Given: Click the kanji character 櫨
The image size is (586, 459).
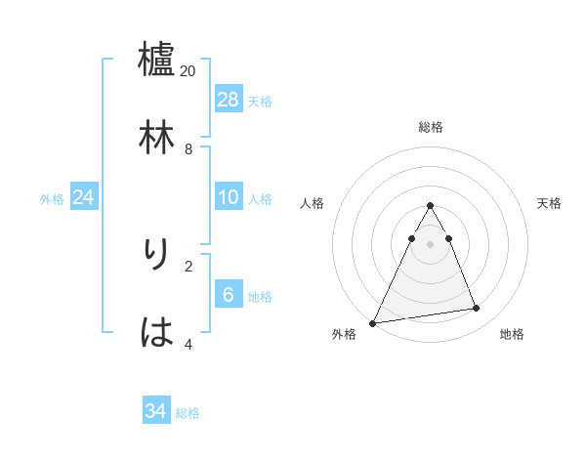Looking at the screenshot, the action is [157, 59].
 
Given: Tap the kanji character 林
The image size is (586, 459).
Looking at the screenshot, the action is [157, 137].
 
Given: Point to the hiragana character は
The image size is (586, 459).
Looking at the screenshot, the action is [157, 332].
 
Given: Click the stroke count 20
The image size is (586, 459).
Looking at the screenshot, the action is [188, 71].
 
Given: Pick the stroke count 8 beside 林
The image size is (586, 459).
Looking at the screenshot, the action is [188, 149].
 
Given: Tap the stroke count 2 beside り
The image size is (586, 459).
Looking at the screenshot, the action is [188, 266].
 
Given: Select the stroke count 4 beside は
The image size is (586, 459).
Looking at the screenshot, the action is [188, 344].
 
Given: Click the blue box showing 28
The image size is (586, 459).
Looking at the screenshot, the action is [229, 100].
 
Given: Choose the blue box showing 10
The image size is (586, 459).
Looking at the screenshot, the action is [229, 197].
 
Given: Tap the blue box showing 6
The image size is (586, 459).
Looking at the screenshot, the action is [229, 295].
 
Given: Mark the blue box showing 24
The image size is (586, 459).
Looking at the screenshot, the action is [84, 197].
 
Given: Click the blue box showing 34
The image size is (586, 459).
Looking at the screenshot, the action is [156, 412].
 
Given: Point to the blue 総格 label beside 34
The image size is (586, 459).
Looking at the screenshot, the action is [188, 413].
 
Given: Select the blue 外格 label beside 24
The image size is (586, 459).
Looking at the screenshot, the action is [52, 199].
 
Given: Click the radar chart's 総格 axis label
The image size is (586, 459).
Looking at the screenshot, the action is [431, 127].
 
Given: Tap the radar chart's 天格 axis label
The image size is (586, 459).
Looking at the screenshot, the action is [550, 203].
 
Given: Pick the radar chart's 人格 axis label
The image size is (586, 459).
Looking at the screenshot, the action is [313, 203].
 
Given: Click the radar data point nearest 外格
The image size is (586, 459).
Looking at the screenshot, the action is [373, 322].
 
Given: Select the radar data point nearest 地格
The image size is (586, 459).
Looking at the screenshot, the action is [477, 309].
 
